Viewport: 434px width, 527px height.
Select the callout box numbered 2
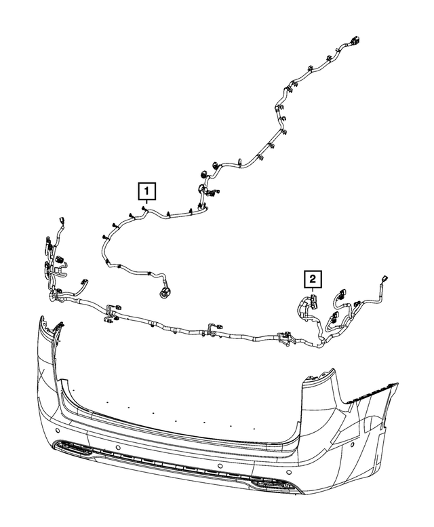coord(313,278)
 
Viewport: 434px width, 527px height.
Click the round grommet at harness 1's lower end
coord(163,293)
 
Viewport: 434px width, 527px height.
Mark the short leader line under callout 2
coord(313,292)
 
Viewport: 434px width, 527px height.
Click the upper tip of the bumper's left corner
coord(41,318)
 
